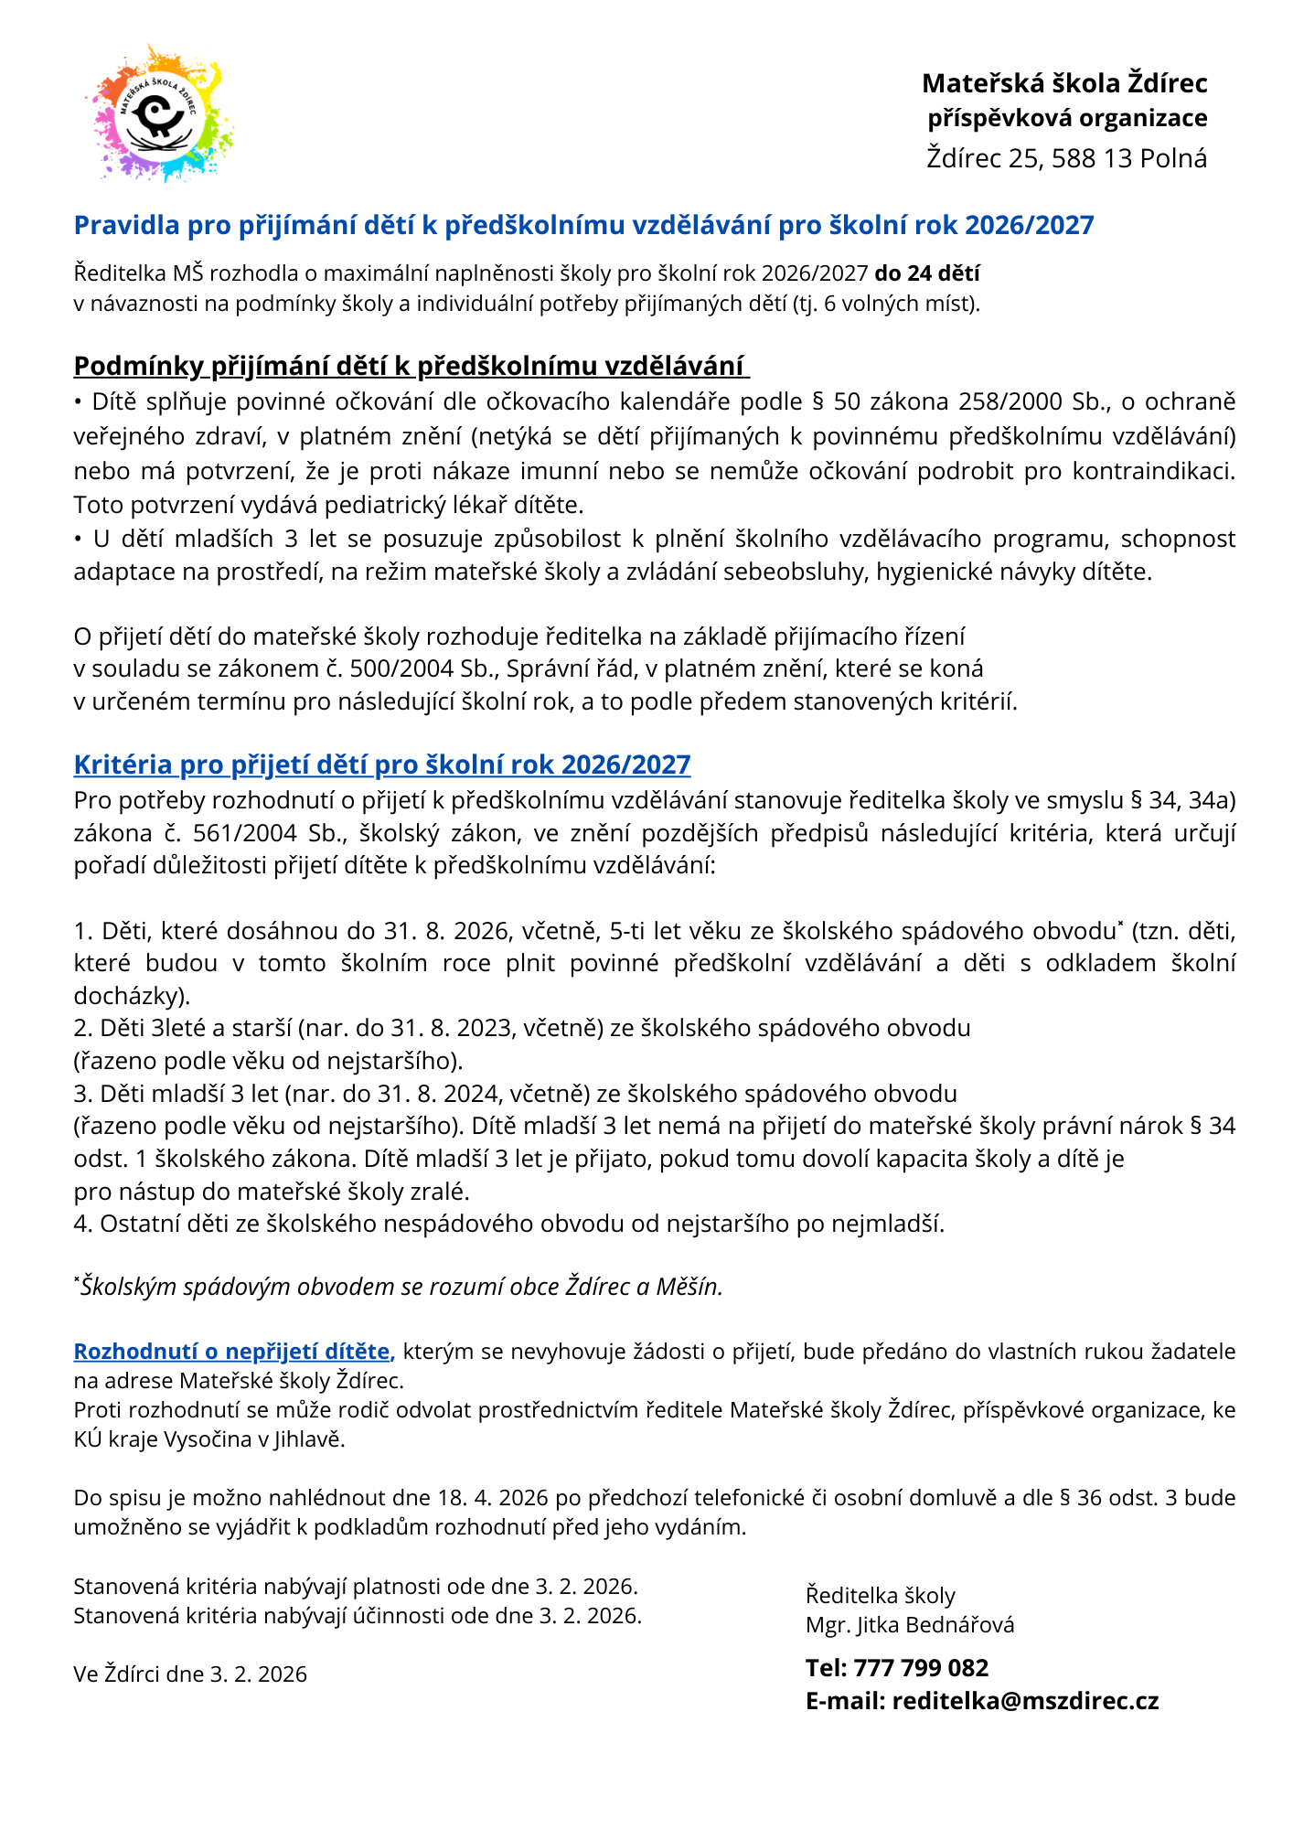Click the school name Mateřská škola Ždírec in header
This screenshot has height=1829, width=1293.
coord(1064,83)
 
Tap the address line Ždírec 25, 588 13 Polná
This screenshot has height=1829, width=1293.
coord(1066,158)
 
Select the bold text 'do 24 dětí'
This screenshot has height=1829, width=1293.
coord(927,273)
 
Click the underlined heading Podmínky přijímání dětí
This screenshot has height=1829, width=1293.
coord(411,366)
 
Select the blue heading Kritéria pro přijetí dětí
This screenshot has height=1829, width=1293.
coord(381,764)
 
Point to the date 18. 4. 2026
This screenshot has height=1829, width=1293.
coord(493,1497)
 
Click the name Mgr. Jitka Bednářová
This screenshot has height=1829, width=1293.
coord(909,1625)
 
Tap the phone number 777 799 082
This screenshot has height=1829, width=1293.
coord(921,1667)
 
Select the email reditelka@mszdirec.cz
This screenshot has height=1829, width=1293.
coord(1025,1701)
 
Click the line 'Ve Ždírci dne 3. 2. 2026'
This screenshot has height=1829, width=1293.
coord(190,1674)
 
